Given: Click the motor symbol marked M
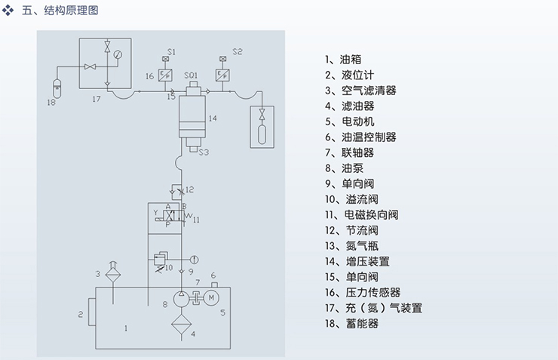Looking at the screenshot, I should [212, 297].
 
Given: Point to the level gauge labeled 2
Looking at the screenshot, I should [91, 312].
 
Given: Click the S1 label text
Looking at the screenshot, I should [171, 51].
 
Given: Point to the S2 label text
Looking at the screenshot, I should [237, 51].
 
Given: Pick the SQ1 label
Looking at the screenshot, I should [191, 75].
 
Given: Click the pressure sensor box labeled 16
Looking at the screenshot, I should [167, 75].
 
